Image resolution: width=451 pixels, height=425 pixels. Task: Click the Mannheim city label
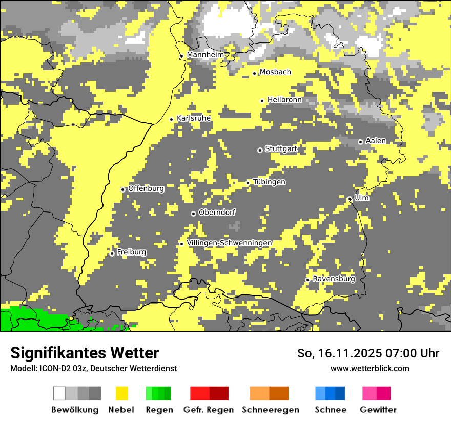206,55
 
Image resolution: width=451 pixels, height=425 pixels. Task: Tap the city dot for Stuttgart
260,150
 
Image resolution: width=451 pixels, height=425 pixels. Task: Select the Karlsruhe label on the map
194,118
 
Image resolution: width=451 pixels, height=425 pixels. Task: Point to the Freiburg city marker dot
112,253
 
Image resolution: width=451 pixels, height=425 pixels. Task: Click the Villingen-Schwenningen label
229,243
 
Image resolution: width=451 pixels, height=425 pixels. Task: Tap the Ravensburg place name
334,279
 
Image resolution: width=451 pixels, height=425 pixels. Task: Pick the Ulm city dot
350,199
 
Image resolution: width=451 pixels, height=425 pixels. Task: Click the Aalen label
376,141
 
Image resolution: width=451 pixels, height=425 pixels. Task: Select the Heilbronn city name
284,100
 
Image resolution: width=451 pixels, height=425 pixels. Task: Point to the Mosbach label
275,72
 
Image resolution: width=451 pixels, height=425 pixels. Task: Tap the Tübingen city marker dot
248,183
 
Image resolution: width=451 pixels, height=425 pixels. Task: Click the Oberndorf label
217,213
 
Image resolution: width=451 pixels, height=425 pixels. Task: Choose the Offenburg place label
146,188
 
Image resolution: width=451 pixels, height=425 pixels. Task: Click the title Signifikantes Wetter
85,353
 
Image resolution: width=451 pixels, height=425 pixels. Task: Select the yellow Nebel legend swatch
121,393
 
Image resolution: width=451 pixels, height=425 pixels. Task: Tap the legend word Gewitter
378,410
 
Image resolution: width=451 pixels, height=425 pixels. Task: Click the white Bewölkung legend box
59,393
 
